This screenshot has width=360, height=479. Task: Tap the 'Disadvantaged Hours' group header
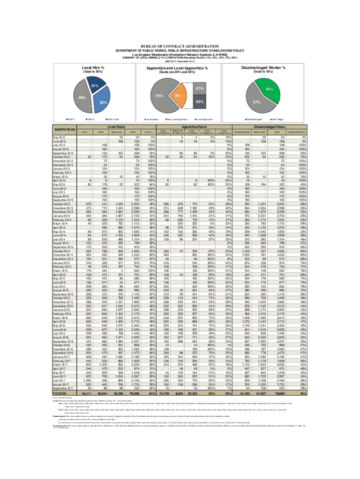tap(284, 126)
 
